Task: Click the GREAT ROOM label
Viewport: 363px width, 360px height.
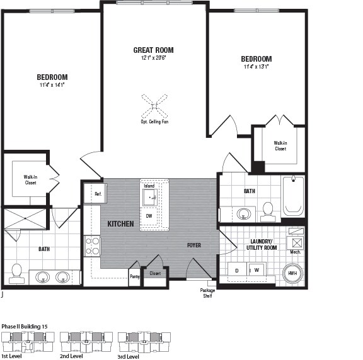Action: pyautogui.click(x=153, y=50)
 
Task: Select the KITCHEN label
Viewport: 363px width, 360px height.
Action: pyautogui.click(x=120, y=224)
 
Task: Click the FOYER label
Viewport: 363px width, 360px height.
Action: pyautogui.click(x=193, y=245)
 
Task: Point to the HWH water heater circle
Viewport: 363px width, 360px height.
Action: pyautogui.click(x=292, y=273)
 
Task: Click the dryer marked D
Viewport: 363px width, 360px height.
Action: pyautogui.click(x=237, y=270)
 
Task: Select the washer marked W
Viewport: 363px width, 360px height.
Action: pyautogui.click(x=256, y=270)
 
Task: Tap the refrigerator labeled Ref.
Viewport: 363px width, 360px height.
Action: pyautogui.click(x=97, y=194)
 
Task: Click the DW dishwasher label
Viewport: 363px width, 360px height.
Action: pyautogui.click(x=149, y=216)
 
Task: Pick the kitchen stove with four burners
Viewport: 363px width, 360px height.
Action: pyautogui.click(x=93, y=245)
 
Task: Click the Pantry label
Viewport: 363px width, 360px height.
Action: pyautogui.click(x=134, y=276)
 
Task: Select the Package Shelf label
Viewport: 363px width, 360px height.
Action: pyautogui.click(x=207, y=293)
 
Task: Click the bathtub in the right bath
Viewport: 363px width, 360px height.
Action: pyautogui.click(x=293, y=196)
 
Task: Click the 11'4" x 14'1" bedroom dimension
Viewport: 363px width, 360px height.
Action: pyautogui.click(x=52, y=85)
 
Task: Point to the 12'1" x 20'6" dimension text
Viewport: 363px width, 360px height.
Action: pyautogui.click(x=153, y=59)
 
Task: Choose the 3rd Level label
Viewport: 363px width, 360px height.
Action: pyautogui.click(x=129, y=356)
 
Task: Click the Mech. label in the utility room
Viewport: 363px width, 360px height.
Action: pyautogui.click(x=295, y=252)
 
